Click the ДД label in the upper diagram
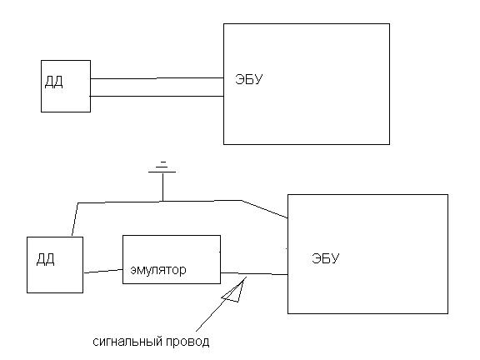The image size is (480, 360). [x=54, y=82]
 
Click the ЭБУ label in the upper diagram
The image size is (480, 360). [x=249, y=79]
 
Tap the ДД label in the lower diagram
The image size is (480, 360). [x=46, y=260]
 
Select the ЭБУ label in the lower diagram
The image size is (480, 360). [x=325, y=258]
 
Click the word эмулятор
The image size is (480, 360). [x=158, y=270]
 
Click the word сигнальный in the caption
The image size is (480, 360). [x=127, y=342]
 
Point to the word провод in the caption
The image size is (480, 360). [x=187, y=342]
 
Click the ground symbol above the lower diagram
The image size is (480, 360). [x=162, y=167]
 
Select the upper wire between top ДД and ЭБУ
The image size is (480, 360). [x=157, y=78]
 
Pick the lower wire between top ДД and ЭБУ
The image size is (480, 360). [x=157, y=97]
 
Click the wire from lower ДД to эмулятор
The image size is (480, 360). [x=103, y=271]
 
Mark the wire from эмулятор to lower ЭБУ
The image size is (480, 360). [x=254, y=273]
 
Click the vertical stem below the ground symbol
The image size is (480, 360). [x=162, y=187]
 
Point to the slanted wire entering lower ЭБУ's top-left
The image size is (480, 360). [x=265, y=209]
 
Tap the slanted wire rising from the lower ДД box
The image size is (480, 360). [x=75, y=219]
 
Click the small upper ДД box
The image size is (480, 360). [x=66, y=60]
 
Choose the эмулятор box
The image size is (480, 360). [x=172, y=235]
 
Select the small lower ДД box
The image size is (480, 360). [x=55, y=237]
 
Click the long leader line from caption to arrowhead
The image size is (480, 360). [x=221, y=304]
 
